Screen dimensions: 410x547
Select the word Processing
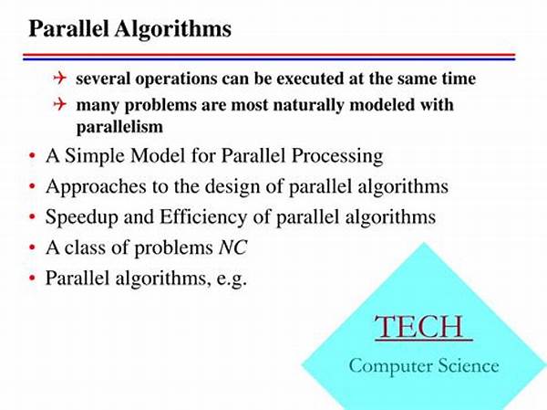click(334, 156)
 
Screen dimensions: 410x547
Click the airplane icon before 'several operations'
click(60, 79)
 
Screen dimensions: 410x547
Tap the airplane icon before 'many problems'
click(60, 105)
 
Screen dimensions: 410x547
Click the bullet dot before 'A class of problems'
click(32, 248)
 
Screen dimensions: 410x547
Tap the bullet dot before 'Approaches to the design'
click(32, 187)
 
